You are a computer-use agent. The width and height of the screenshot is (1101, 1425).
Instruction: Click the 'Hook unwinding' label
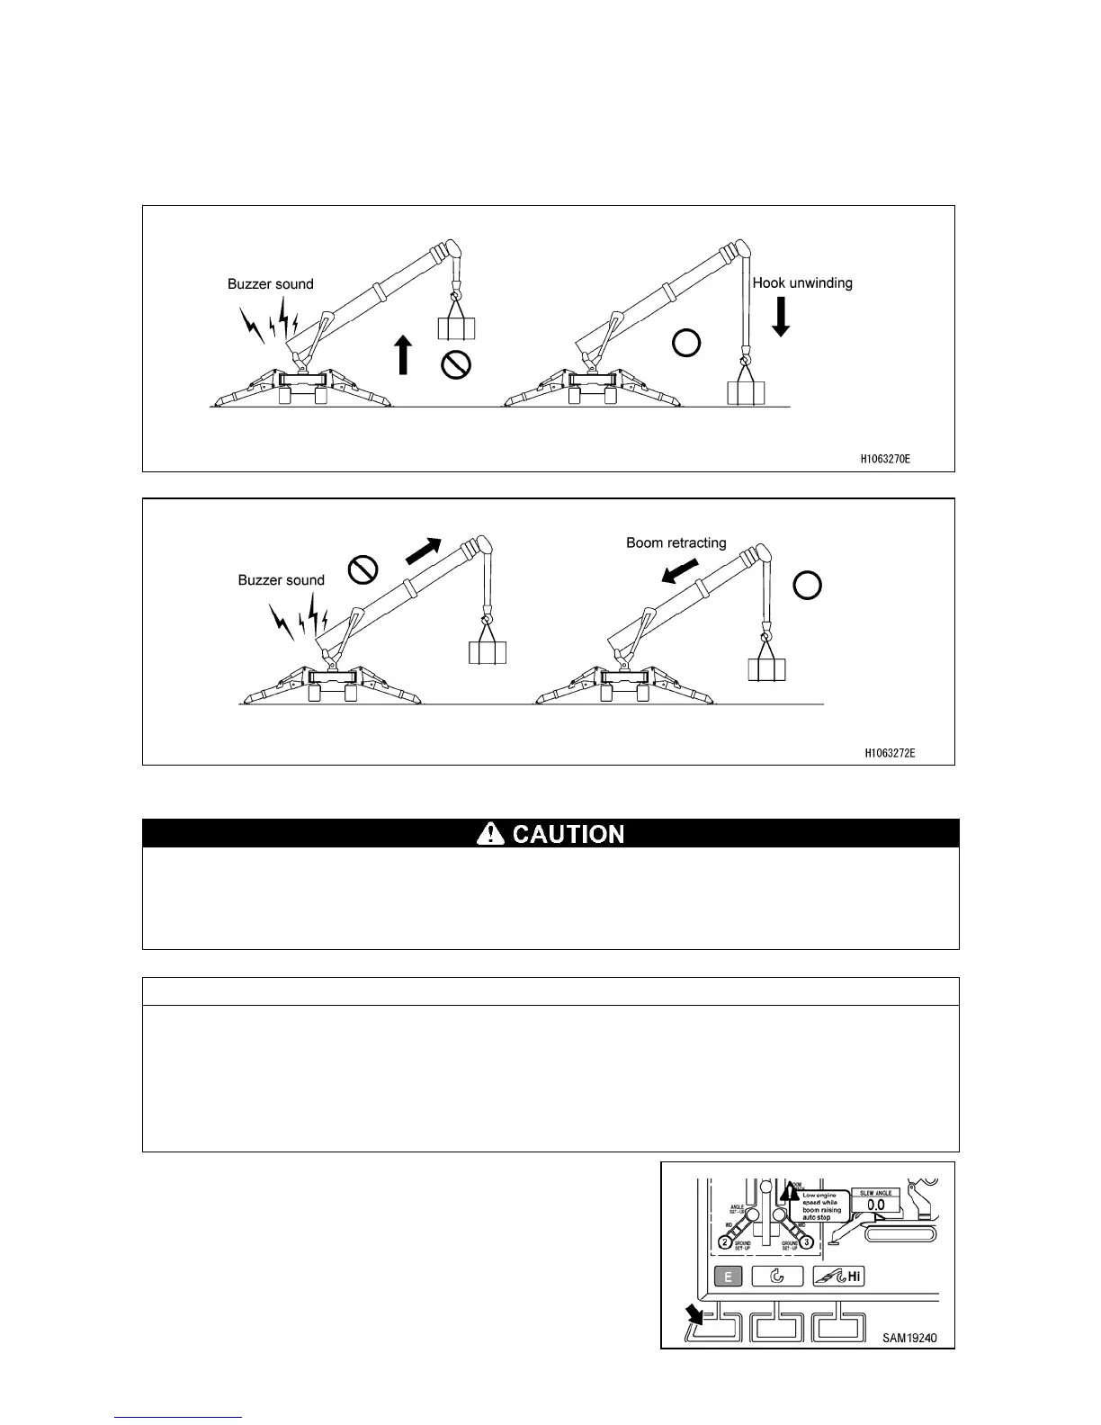802,282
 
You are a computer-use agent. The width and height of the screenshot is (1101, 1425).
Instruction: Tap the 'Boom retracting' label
676,542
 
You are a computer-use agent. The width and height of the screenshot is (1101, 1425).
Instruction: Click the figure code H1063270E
884,459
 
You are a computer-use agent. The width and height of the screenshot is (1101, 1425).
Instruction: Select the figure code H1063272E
890,752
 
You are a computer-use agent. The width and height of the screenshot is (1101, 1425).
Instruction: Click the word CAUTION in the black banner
568,834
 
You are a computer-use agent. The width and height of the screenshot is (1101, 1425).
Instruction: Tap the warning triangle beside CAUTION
490,834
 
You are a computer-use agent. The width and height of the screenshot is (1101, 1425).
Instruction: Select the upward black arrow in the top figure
403,354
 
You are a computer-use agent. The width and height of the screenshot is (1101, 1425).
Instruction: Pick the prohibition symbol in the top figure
457,364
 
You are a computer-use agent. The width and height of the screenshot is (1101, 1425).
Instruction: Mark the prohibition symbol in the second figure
362,569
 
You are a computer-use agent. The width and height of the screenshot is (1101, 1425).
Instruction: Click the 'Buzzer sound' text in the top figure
271,284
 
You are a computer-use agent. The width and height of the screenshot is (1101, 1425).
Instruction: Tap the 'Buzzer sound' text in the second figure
282,580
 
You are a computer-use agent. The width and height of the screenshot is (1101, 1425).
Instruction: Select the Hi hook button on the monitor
837,1276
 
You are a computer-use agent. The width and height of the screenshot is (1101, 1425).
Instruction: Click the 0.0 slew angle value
876,1205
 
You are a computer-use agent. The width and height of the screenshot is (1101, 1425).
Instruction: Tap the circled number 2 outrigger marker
726,1242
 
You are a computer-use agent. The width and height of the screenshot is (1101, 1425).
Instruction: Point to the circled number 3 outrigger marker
808,1242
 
